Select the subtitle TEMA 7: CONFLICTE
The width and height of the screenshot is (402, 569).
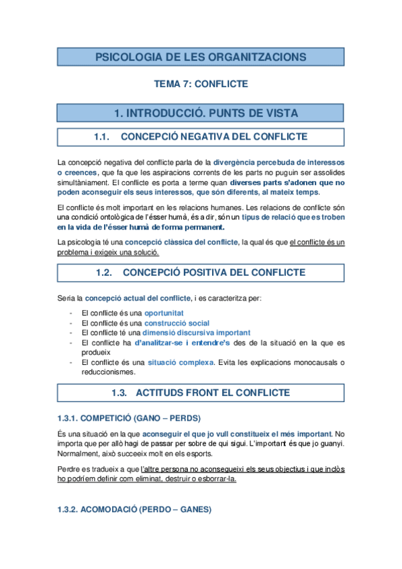201,84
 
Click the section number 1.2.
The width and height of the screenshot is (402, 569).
103,272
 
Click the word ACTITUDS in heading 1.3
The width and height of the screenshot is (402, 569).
164,392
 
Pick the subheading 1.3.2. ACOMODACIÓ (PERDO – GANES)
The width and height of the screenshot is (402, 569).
134,509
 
